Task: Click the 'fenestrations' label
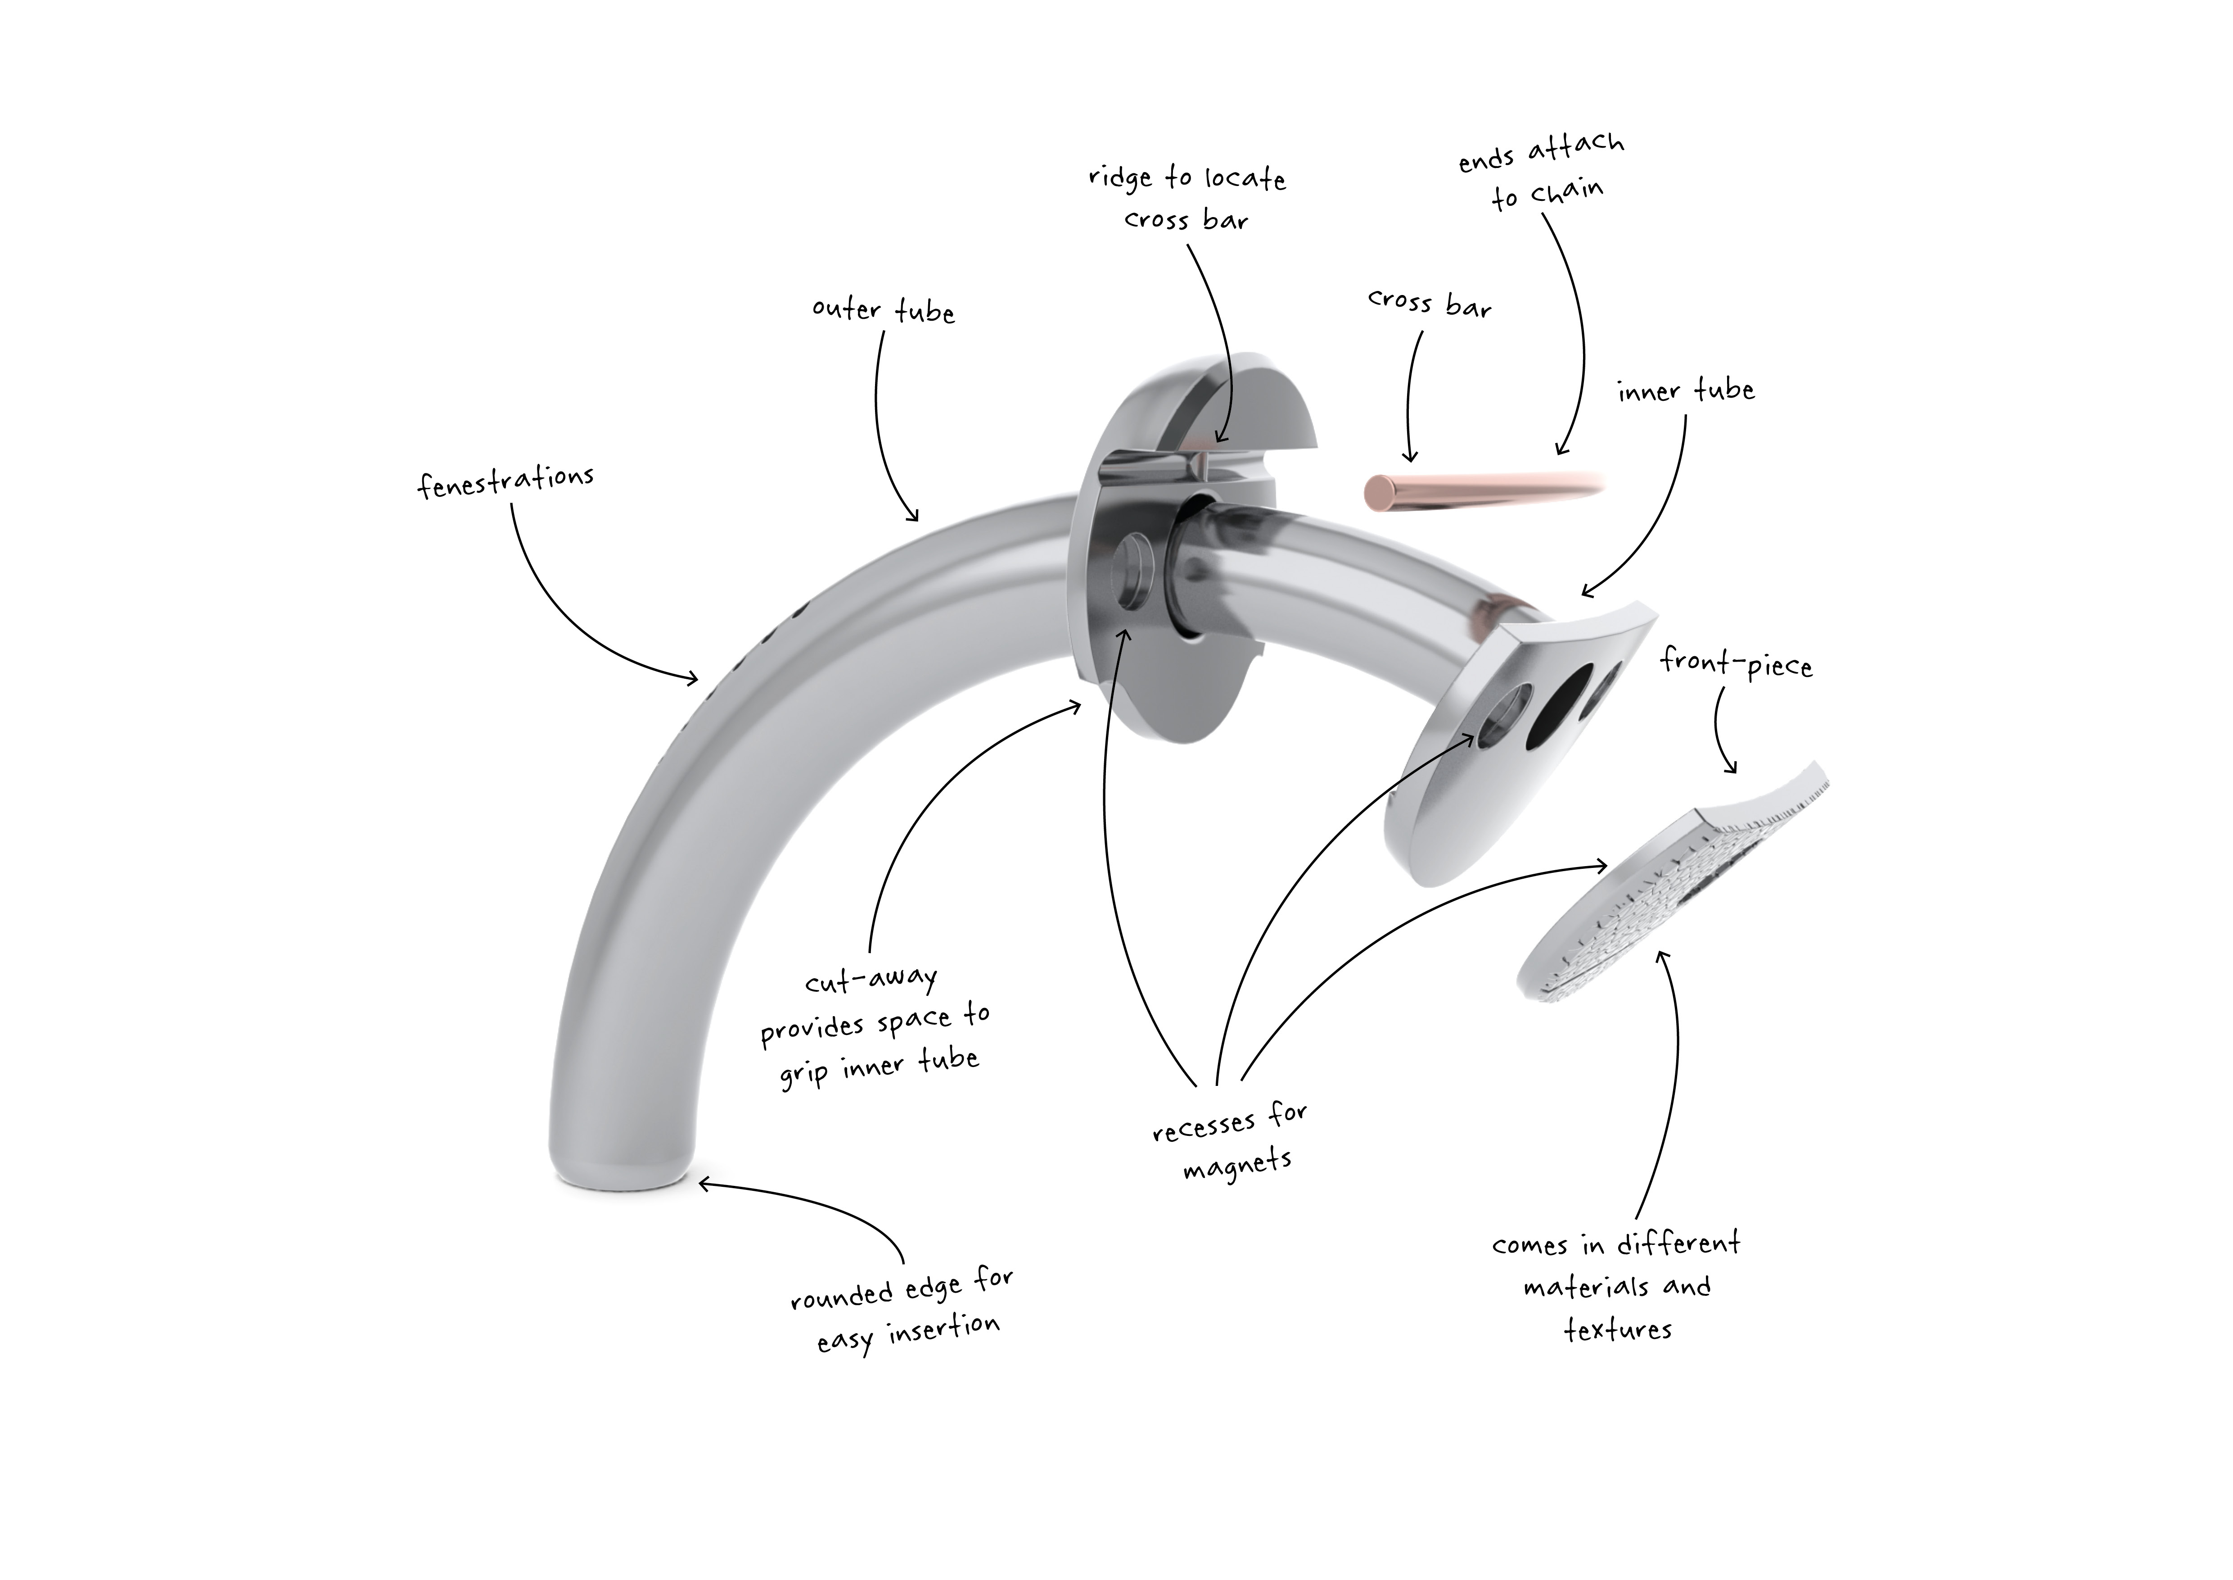tap(505, 481)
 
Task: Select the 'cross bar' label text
tap(1429, 304)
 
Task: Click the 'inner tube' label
tap(1686, 390)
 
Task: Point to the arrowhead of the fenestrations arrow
tap(692, 678)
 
